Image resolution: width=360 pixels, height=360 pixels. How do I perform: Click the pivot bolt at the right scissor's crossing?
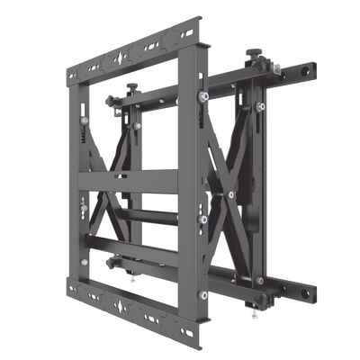point(232,194)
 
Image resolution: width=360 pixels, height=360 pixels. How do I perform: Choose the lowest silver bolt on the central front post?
point(203,293)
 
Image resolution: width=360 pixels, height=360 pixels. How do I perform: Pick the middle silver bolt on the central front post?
point(204,219)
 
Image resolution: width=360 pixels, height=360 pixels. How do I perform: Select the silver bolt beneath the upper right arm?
point(261,106)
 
